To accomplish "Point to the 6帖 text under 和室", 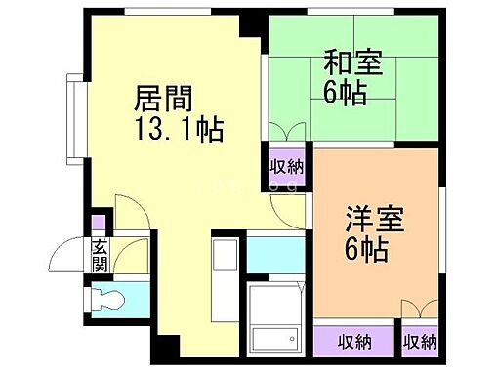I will point(345,95).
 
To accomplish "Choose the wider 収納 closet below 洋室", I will point(354,341).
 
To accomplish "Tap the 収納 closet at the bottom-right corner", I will point(420,341).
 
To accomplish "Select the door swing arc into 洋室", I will point(292,206).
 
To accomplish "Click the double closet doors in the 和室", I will point(284,133).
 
